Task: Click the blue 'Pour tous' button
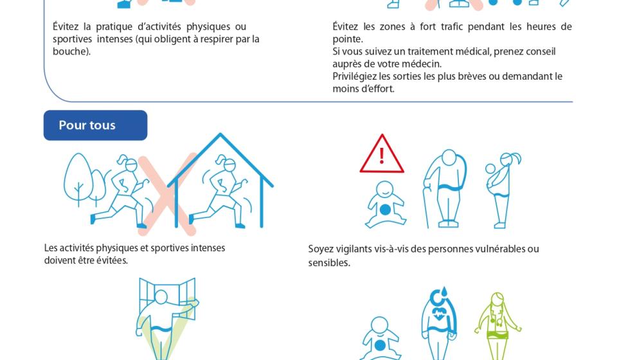pos(95,125)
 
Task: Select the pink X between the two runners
pos(167,194)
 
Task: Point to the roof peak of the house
pos(220,134)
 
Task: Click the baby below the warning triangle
pos(385,204)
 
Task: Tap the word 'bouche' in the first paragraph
pos(69,51)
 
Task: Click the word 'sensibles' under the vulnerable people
pos(329,263)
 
